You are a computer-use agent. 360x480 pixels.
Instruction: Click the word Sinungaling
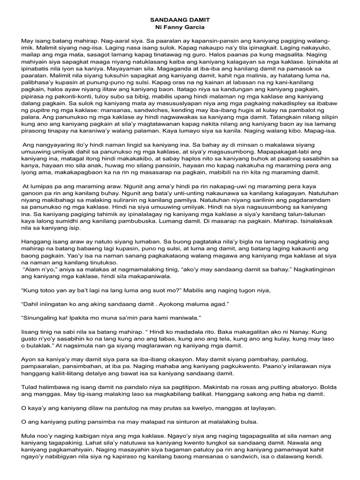[41, 317]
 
